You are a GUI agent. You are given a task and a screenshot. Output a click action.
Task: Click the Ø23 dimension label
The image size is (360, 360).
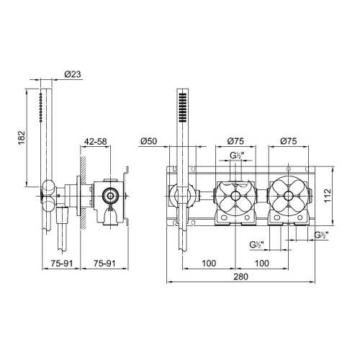click(73, 74)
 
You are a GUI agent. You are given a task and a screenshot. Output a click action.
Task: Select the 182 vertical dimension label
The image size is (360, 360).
click(22, 138)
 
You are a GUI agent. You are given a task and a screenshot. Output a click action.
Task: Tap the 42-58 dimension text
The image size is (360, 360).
click(95, 142)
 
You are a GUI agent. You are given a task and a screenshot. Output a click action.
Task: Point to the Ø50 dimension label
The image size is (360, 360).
click(149, 141)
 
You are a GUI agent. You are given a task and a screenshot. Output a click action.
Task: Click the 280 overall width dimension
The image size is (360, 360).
click(240, 276)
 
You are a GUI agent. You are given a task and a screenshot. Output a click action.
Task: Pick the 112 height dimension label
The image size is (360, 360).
click(328, 196)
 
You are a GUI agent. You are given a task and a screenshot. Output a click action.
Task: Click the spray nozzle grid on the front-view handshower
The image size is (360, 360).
click(183, 108)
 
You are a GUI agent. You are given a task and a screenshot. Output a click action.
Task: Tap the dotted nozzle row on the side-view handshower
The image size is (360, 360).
click(41, 108)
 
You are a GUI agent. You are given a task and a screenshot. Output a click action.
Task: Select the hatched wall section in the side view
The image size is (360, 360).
click(84, 193)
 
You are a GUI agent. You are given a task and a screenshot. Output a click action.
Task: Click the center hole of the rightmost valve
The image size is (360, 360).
click(288, 196)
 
